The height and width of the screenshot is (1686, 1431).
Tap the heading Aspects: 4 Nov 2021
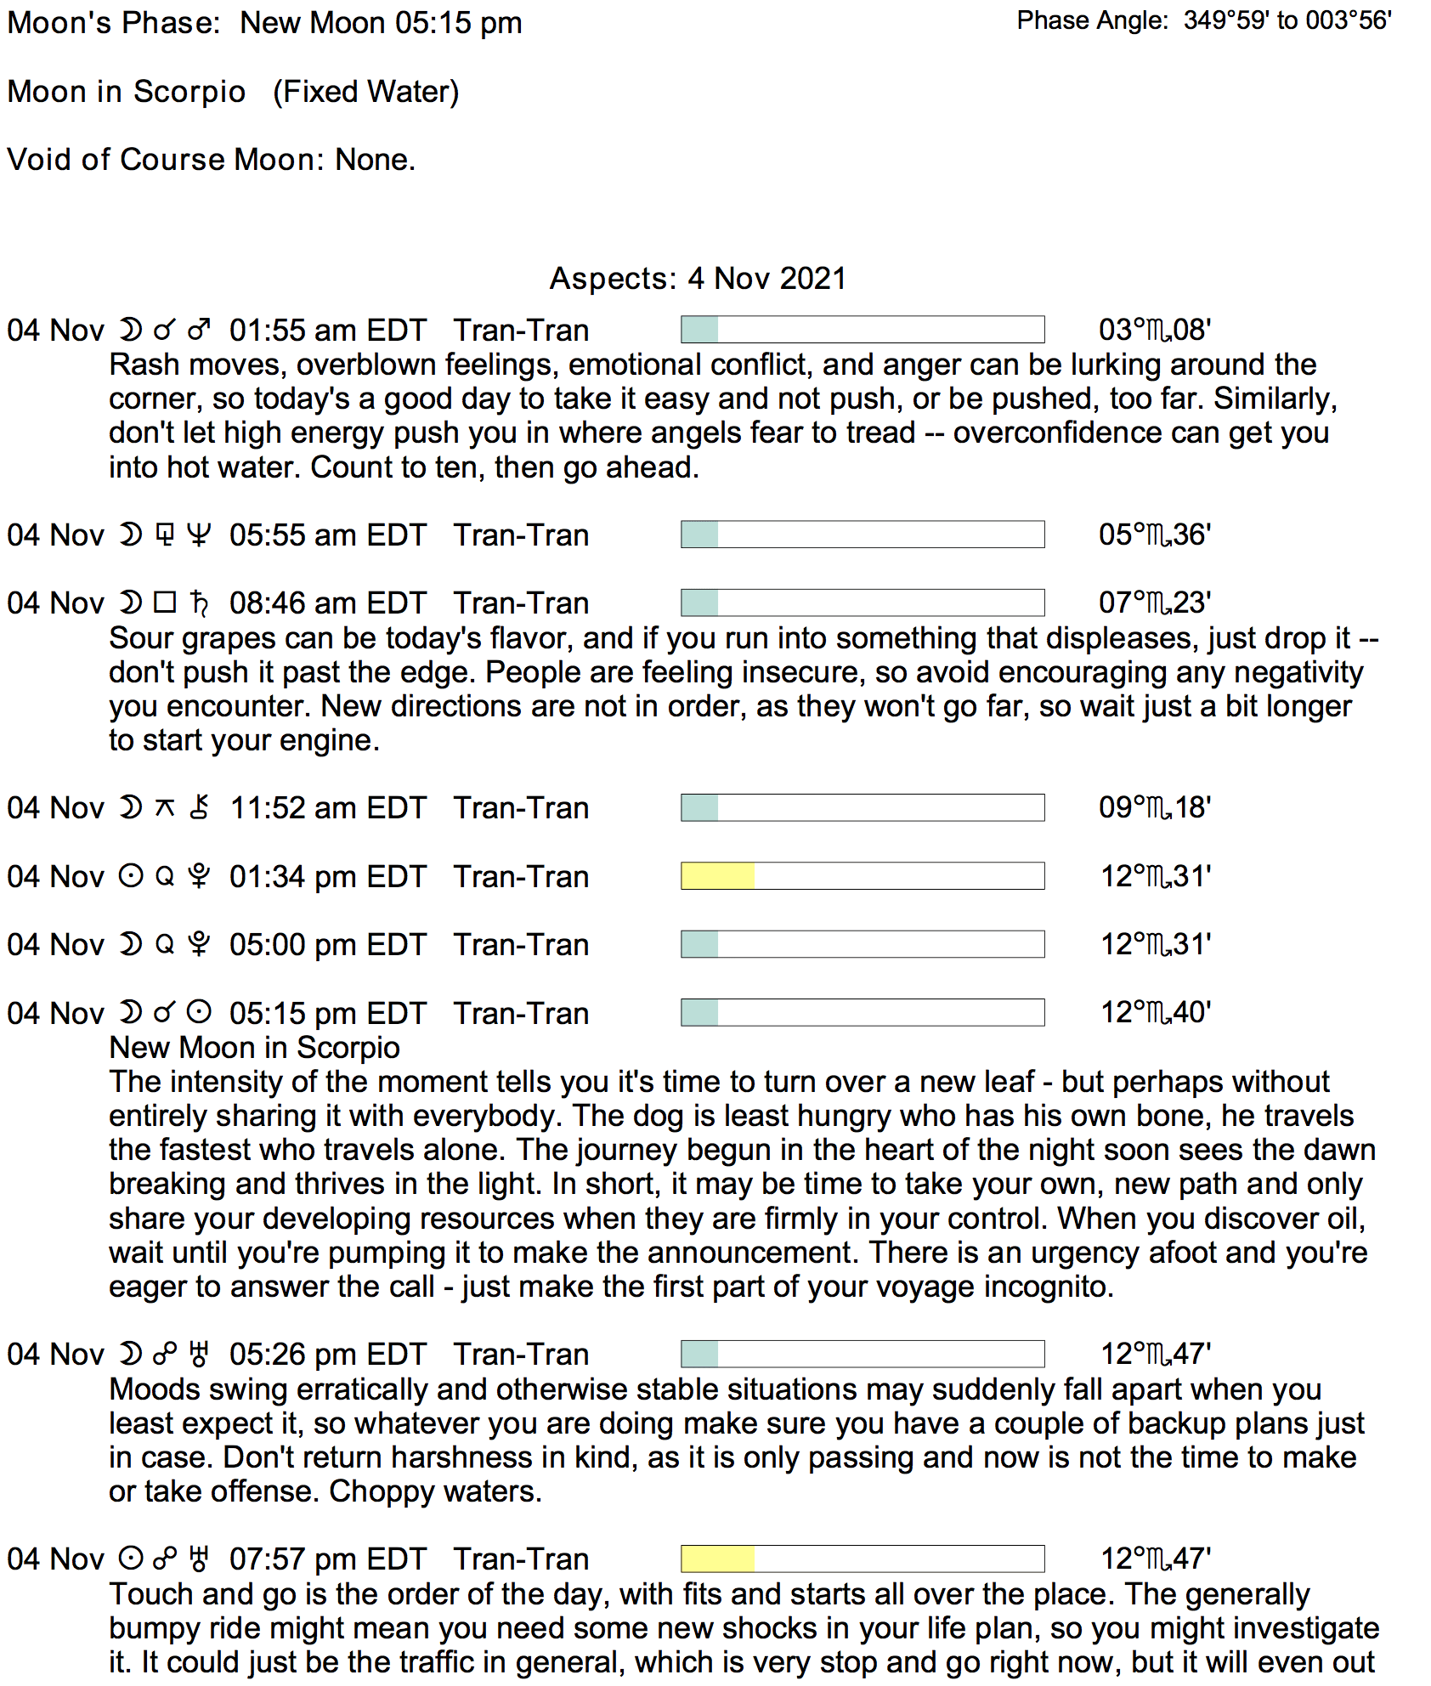(698, 279)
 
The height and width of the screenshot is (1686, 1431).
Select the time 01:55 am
(284, 331)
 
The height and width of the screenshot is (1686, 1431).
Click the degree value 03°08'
(1155, 330)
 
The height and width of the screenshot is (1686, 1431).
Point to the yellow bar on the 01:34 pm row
(717, 876)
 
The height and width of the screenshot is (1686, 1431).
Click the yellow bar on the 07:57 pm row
(717, 1559)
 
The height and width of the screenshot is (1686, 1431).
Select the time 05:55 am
(284, 535)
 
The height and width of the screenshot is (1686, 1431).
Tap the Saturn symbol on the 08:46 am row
(199, 603)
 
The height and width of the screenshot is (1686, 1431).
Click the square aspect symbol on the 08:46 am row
(165, 603)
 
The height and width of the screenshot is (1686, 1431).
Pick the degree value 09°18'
(1155, 807)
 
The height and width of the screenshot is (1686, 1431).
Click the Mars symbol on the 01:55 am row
(199, 330)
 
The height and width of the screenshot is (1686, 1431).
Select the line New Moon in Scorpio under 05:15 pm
(254, 1048)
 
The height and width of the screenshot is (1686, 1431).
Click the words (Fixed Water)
(365, 92)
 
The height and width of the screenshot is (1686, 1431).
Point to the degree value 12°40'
(1156, 1012)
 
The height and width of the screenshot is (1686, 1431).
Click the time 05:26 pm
(284, 1355)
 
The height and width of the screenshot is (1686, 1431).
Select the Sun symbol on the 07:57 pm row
(130, 1559)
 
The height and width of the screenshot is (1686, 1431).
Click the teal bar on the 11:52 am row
(699, 807)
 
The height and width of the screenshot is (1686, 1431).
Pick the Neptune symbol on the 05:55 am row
(198, 535)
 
